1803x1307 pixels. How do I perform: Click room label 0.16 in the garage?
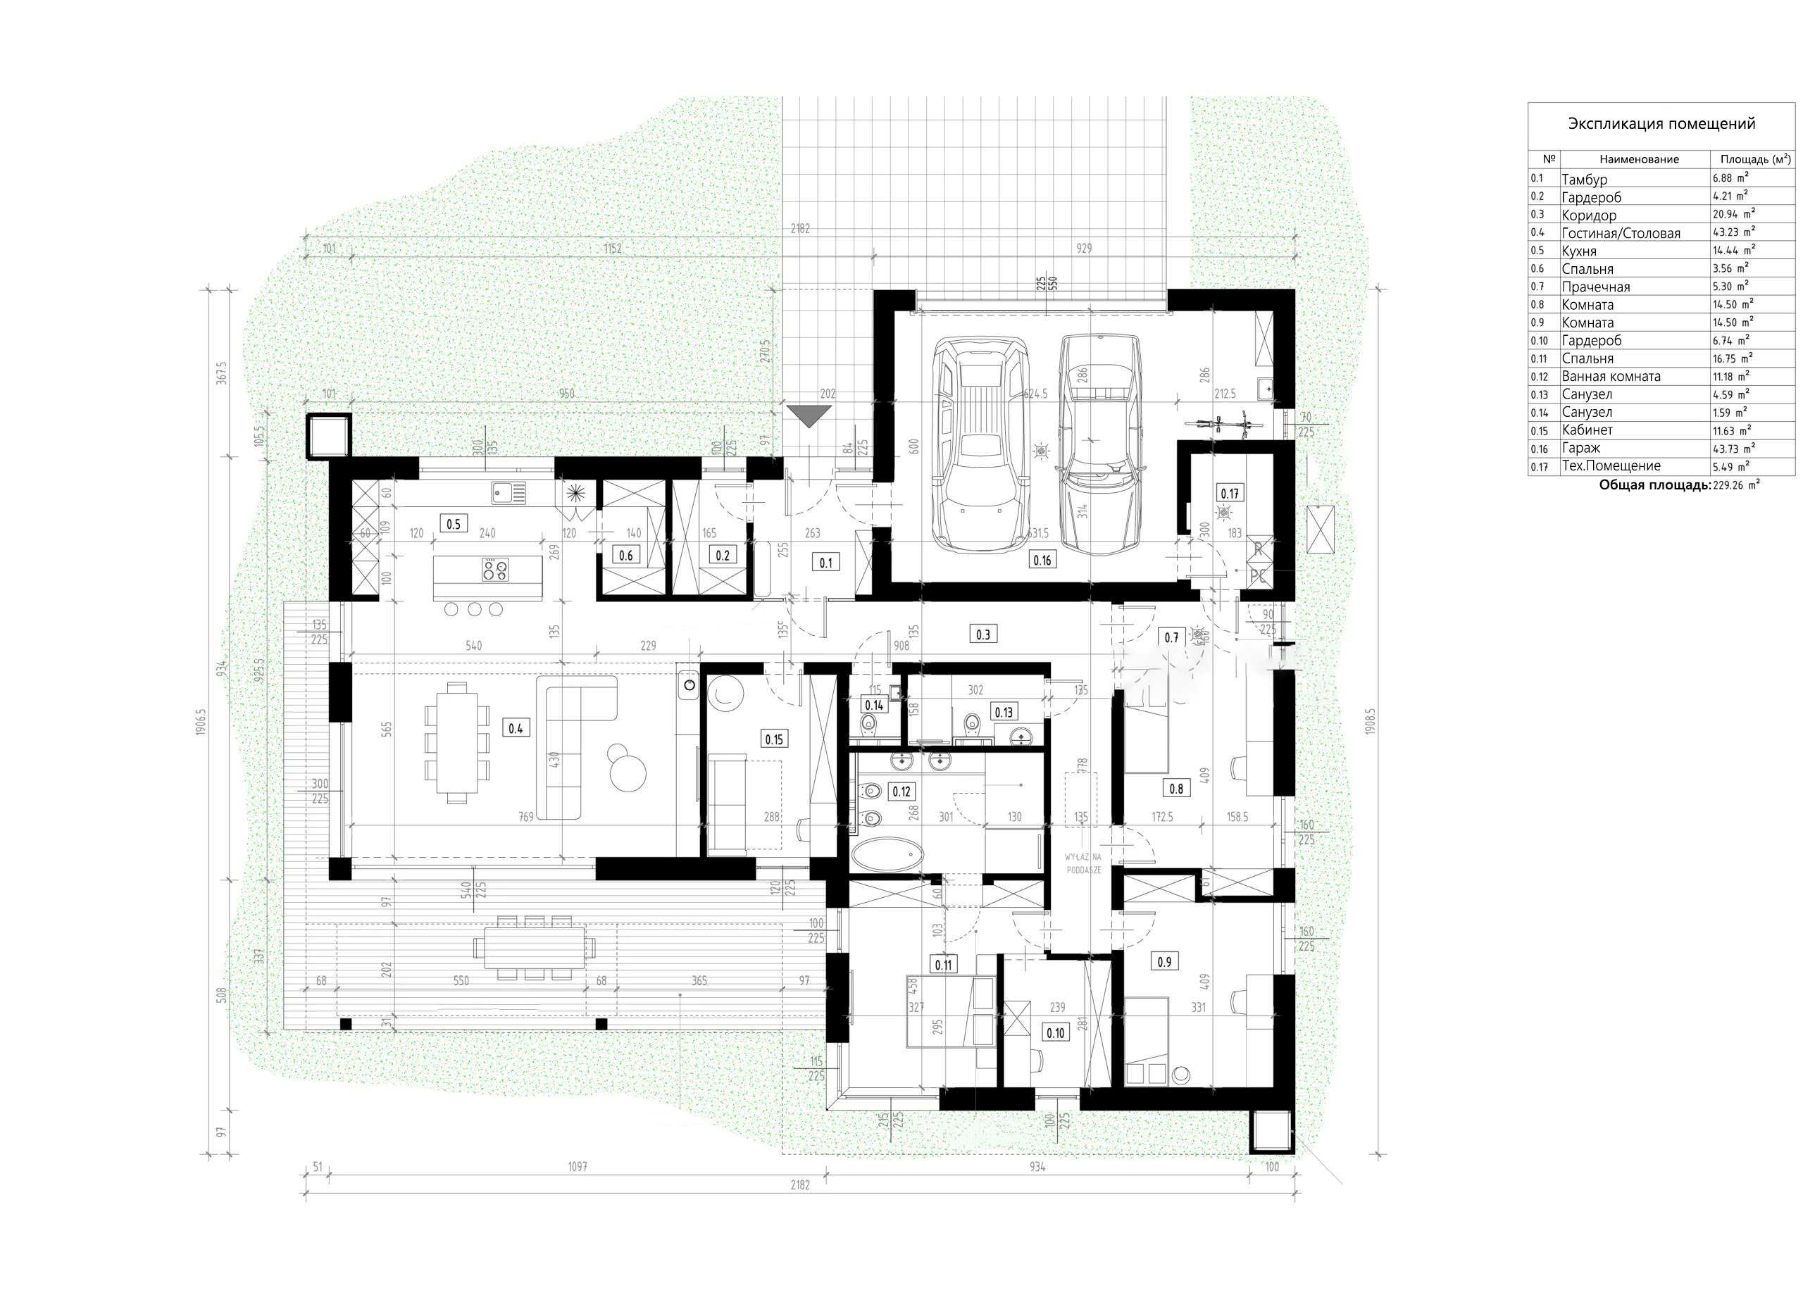click(1042, 561)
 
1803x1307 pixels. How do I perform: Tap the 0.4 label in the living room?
click(515, 727)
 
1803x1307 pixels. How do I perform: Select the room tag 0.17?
click(1229, 494)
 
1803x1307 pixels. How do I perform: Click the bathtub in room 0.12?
click(888, 857)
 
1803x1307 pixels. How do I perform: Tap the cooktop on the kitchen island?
click(494, 569)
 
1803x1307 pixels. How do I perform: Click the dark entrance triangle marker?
click(809, 415)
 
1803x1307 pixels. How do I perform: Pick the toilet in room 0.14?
click(868, 723)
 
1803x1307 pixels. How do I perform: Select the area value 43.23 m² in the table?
click(1733, 233)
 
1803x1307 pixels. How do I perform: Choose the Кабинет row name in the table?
click(1587, 430)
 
